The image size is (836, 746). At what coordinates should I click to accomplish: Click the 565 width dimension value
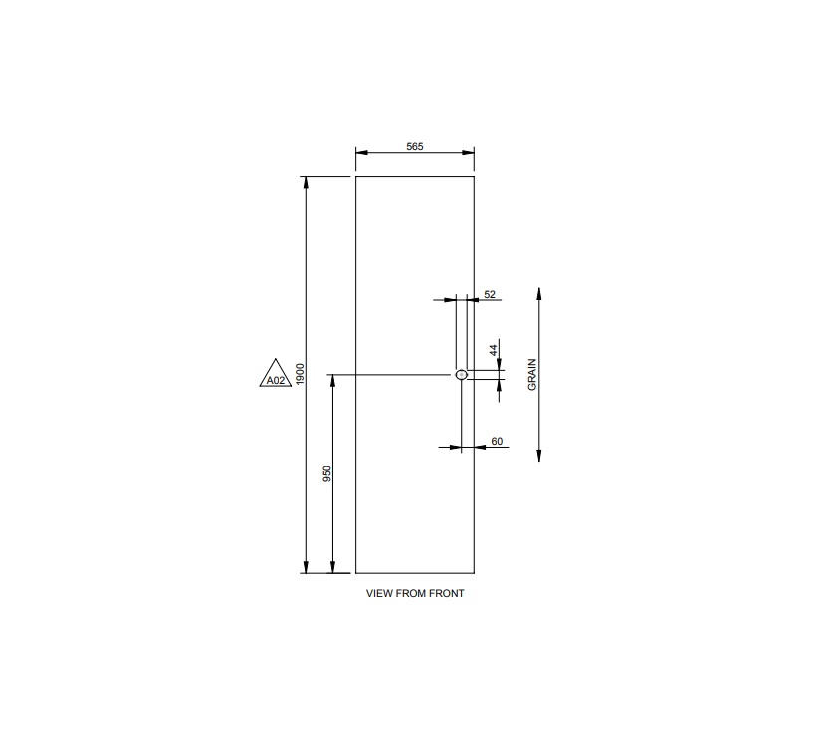click(x=415, y=146)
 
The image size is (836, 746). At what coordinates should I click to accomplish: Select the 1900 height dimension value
click(x=299, y=374)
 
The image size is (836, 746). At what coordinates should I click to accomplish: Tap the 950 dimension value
click(x=326, y=473)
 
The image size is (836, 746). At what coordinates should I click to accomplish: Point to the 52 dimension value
click(x=490, y=295)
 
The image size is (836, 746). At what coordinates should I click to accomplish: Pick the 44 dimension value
click(x=493, y=349)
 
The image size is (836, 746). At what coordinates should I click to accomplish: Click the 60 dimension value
click(x=497, y=441)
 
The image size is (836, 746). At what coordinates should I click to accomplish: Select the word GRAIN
click(x=532, y=374)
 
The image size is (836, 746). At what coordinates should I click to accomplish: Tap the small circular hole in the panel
click(x=461, y=375)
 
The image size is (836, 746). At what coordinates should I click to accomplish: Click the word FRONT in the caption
click(x=448, y=593)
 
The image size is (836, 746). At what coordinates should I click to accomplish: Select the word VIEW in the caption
click(x=379, y=593)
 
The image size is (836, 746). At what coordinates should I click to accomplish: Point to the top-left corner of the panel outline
click(x=356, y=176)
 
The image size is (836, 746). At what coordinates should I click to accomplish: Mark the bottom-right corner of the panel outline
click(x=474, y=573)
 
